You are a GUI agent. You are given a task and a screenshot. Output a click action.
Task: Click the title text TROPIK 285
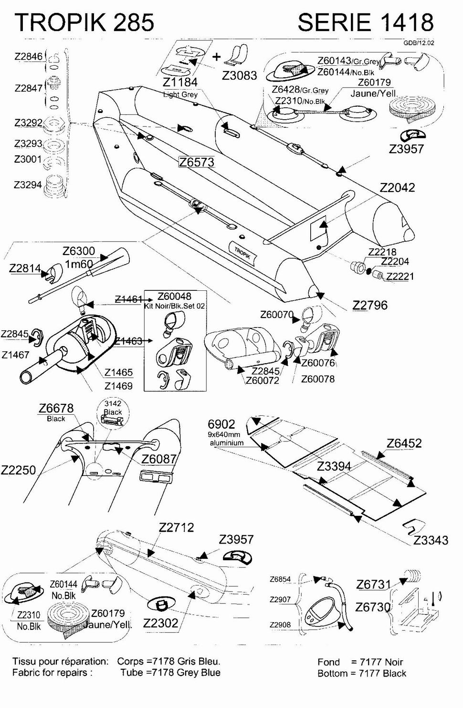(84, 22)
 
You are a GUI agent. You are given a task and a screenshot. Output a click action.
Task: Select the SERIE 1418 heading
(365, 22)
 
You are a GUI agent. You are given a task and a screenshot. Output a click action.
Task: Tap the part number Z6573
(197, 162)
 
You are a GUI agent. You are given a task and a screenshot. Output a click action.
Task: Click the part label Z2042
(397, 187)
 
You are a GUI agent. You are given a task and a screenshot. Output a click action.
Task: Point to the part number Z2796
(370, 305)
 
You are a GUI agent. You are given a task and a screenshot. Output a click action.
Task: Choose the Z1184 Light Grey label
(180, 86)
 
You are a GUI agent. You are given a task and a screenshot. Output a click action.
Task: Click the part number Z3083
(240, 75)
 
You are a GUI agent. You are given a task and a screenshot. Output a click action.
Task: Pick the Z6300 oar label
(79, 251)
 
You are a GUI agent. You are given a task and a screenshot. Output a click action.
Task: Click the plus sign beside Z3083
(217, 57)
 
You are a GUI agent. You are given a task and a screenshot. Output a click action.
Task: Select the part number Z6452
(404, 443)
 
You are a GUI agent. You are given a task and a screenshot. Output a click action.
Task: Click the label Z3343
(431, 540)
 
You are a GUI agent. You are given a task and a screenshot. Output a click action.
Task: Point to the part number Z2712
(176, 527)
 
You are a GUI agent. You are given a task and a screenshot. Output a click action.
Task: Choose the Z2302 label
(160, 623)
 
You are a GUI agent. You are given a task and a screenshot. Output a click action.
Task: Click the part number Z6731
(373, 584)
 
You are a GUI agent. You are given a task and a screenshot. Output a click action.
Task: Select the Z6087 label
(159, 459)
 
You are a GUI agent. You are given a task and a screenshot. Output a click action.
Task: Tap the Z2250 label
(18, 470)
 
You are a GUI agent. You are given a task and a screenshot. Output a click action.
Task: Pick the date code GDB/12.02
(419, 42)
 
